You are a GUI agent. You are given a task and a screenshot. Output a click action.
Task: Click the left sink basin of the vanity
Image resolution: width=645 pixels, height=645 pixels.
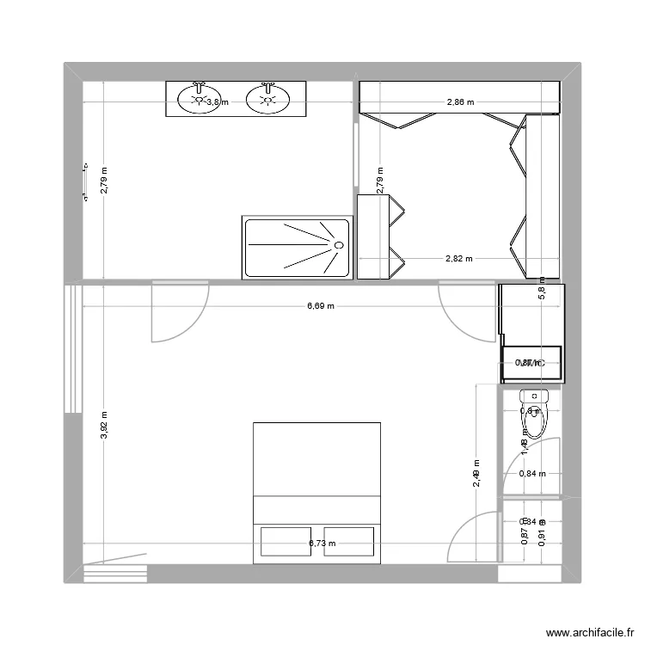[198, 101]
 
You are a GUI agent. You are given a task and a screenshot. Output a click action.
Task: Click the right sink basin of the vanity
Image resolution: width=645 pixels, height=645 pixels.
[267, 101]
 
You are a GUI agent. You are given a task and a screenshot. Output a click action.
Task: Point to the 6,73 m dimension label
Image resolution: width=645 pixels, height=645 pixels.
[322, 544]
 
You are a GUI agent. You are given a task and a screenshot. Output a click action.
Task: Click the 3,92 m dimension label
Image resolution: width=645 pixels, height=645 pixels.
[104, 424]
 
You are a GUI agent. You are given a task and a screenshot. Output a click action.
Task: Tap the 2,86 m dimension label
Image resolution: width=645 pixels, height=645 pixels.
[460, 102]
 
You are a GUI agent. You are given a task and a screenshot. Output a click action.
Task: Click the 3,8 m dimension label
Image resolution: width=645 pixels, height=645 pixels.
[218, 102]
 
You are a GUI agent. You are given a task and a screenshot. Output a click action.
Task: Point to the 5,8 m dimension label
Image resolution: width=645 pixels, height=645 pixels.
[542, 288]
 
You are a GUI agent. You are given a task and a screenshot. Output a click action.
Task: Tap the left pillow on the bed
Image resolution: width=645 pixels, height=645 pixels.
[286, 543]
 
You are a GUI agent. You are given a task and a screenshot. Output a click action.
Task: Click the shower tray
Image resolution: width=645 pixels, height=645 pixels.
[298, 248]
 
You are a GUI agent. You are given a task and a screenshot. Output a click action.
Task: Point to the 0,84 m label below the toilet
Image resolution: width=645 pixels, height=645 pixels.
[532, 474]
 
